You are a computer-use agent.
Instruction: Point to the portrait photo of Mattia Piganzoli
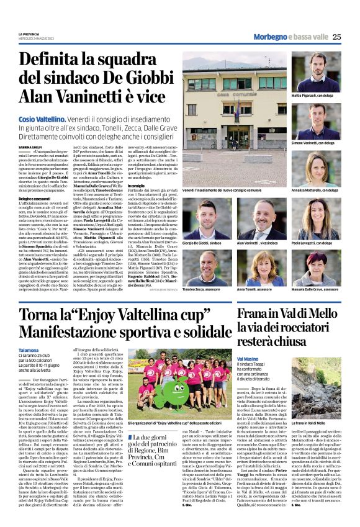tap(315, 71)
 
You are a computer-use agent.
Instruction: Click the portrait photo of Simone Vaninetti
tap(315, 120)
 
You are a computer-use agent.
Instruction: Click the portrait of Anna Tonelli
tap(261, 268)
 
